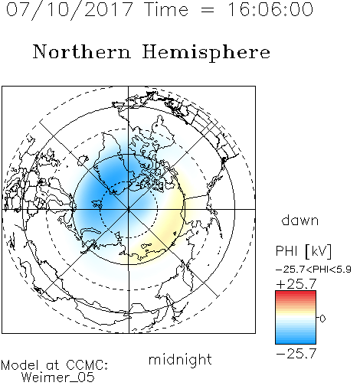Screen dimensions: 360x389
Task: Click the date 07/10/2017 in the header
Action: pos(70,10)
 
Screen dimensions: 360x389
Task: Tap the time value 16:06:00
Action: pos(270,9)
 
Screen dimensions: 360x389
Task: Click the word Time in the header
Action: pos(166,9)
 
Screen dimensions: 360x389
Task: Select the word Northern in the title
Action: pos(82,51)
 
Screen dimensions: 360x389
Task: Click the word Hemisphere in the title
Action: pos(206,53)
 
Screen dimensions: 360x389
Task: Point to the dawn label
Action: pos(300,220)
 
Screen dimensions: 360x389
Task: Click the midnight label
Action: pos(180,359)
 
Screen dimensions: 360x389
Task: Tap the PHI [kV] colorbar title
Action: pos(303,251)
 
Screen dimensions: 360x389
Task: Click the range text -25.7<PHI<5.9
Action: pos(313,270)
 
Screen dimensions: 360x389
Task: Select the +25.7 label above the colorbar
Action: pos(296,284)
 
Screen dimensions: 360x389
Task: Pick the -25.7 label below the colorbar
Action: pos(296,354)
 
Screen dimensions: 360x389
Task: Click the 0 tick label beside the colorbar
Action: pos(322,319)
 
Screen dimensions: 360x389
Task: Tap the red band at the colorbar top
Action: pos(296,294)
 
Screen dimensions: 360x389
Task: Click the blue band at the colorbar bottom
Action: pos(296,339)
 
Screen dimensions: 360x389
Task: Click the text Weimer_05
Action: pos(58,378)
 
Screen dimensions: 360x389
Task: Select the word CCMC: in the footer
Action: pos(87,365)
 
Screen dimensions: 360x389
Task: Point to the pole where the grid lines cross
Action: pos(129,209)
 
